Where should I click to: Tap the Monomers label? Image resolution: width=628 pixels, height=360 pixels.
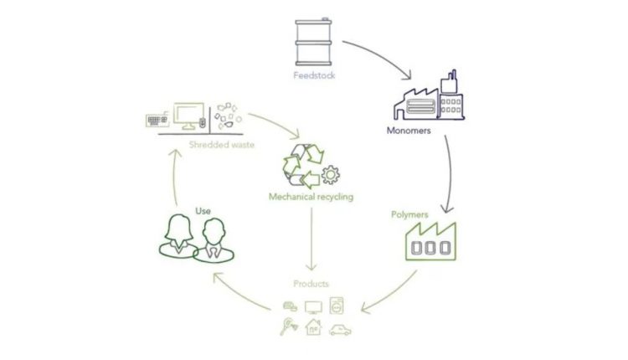409,131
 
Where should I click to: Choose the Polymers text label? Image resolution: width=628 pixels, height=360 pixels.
409,214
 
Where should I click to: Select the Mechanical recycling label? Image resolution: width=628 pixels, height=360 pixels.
310,198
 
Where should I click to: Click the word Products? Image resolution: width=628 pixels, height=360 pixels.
311,285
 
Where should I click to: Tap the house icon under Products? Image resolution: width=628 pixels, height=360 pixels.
312,327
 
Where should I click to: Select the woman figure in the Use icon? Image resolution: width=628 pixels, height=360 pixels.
179,235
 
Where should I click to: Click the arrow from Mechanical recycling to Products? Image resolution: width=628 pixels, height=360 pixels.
311,242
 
